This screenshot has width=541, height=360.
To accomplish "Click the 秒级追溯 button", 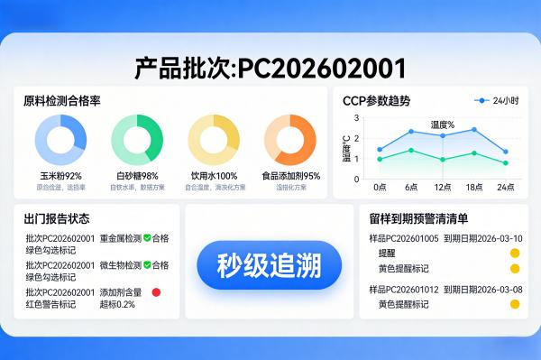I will click(x=270, y=265).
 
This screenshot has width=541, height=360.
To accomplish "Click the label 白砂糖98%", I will click(x=137, y=176).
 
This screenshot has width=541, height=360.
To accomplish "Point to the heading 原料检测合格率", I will click(x=62, y=101).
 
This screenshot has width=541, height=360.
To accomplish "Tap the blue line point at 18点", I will click(x=474, y=129).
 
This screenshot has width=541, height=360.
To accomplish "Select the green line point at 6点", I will click(x=411, y=151).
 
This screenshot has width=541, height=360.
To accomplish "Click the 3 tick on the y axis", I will click(x=356, y=118).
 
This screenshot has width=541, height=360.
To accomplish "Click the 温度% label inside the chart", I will click(x=442, y=125).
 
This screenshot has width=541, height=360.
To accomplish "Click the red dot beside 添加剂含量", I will click(x=156, y=292).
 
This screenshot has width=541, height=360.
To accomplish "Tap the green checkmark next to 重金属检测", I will click(x=147, y=238).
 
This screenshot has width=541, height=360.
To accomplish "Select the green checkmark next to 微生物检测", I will click(x=147, y=265).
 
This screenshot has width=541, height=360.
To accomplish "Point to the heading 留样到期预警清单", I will click(x=418, y=218).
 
